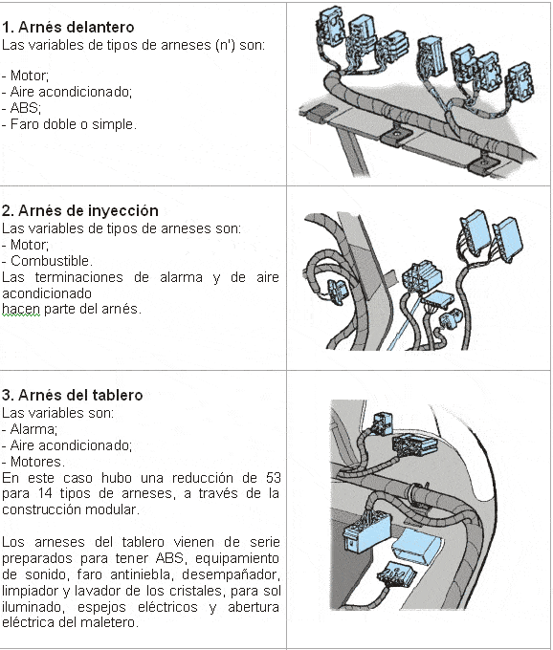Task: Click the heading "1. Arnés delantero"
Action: [x=68, y=28]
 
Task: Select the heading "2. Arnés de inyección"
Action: [x=79, y=211]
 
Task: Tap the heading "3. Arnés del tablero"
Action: [x=72, y=395]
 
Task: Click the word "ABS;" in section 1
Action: [x=25, y=108]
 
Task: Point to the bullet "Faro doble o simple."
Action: [x=73, y=124]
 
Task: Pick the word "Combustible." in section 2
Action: [x=52, y=261]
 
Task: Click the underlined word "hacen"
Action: [x=21, y=310]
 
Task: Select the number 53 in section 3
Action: [x=273, y=478]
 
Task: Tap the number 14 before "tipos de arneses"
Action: [x=45, y=494]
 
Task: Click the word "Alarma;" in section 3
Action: [x=33, y=429]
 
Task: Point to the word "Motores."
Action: [x=37, y=462]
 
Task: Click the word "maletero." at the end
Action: [x=109, y=622]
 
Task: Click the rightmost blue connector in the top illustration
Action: [x=520, y=82]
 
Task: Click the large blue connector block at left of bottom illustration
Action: [x=365, y=531]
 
